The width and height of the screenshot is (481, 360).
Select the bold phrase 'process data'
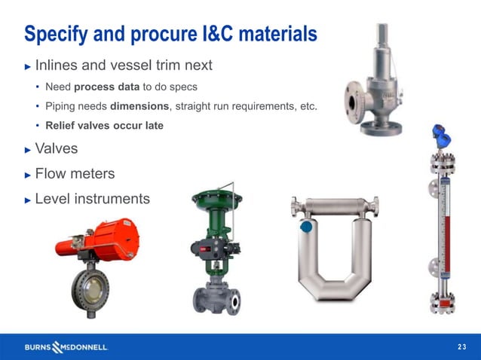point(103,87)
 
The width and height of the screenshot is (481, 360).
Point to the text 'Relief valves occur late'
point(104,126)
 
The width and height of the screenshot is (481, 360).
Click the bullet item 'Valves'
point(56,149)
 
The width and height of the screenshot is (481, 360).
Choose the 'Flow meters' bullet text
point(75,174)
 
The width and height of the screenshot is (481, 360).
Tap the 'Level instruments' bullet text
point(92,199)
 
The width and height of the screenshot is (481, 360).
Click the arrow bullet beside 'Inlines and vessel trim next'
point(28,66)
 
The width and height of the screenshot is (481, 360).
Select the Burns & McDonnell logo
point(66,346)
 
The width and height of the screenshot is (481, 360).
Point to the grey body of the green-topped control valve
point(218,294)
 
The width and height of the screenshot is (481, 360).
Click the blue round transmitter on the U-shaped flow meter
point(306,225)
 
